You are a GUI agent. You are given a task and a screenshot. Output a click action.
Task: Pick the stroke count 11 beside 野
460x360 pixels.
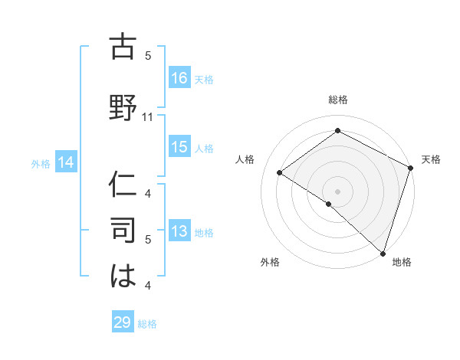pos(149,117)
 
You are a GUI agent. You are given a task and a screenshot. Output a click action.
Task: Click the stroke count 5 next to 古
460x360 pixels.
pos(148,56)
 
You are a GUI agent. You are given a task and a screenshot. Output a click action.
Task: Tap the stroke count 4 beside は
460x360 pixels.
pos(148,286)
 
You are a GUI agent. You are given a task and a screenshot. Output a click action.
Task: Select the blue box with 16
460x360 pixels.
pos(179,78)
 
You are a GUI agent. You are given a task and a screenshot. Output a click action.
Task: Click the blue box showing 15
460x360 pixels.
pos(179,147)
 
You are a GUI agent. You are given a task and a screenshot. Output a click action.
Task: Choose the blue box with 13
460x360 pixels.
pos(179,231)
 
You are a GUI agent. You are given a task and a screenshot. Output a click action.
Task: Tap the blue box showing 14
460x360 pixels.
pos(65,162)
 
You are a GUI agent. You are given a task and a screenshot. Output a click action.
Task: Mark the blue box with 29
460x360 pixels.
pos(123,322)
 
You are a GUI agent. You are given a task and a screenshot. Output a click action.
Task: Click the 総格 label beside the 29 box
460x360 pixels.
pos(147,324)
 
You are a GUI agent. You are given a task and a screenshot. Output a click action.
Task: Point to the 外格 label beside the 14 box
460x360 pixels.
pos(41,163)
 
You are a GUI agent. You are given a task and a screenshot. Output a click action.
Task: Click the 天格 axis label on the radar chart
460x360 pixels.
pos(431,159)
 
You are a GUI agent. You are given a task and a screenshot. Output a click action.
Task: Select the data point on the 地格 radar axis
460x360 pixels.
pos(382,252)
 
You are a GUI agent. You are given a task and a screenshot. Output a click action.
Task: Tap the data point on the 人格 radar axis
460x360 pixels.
pos(280,172)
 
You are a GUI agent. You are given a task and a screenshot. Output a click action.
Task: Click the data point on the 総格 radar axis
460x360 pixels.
pos(337,131)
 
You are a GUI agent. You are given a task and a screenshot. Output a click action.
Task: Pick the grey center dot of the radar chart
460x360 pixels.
pos(337,191)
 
